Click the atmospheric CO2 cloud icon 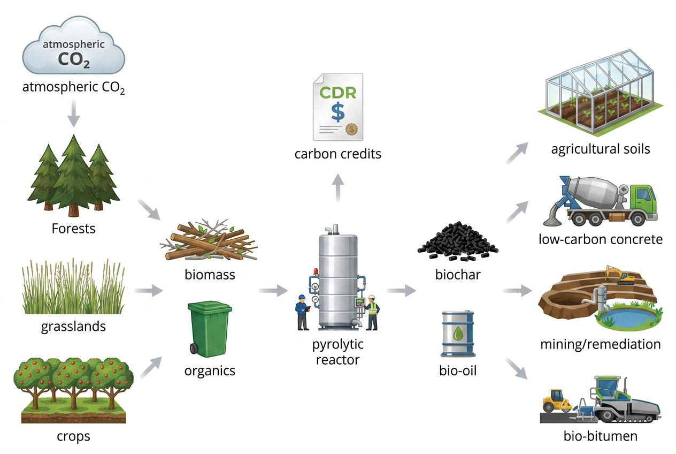coord(73,47)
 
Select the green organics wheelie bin coord(210,328)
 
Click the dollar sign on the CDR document coord(338,111)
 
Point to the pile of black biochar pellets coord(456,241)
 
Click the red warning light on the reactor coord(316,272)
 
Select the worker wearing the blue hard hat coord(302,312)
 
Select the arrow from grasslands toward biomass coord(148,291)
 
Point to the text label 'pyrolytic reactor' coord(337,351)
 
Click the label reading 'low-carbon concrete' coord(600,239)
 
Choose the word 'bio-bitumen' coord(601,436)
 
